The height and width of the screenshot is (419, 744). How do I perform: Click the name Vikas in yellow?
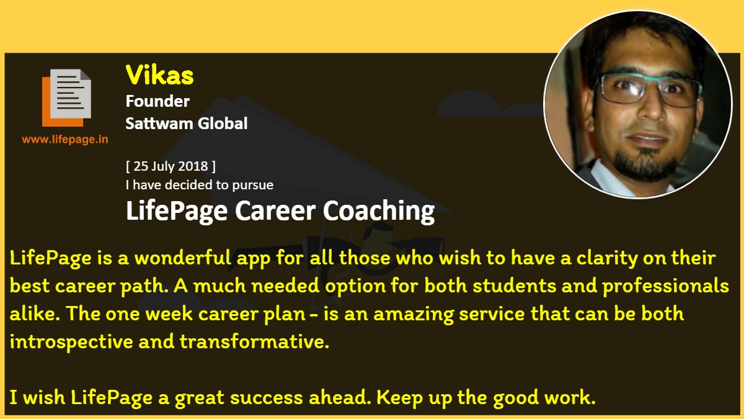(159, 75)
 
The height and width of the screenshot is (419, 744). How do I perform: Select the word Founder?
(157, 101)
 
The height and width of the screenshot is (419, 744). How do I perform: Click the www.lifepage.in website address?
(65, 139)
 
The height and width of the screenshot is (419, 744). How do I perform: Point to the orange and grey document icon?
(66, 98)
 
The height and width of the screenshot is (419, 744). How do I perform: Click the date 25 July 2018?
(170, 166)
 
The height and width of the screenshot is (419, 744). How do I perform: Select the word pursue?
(253, 186)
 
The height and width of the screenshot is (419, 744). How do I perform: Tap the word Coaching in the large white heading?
(379, 211)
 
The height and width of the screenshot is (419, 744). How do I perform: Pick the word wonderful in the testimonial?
(183, 258)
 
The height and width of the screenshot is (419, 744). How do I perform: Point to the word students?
(514, 286)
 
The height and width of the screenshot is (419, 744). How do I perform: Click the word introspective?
(71, 342)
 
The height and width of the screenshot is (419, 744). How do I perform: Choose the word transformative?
(254, 342)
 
